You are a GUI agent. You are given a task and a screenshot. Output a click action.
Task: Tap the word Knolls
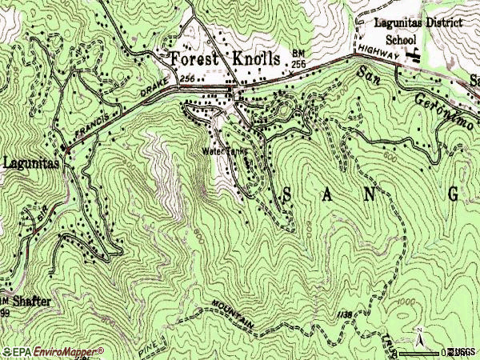pyautogui.click(x=252, y=60)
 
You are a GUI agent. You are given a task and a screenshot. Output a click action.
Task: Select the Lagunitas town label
pyautogui.click(x=30, y=163)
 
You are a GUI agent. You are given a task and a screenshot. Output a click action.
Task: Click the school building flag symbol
pyautogui.click(x=414, y=54)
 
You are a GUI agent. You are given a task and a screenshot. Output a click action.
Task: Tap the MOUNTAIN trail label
pyautogui.click(x=234, y=314)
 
